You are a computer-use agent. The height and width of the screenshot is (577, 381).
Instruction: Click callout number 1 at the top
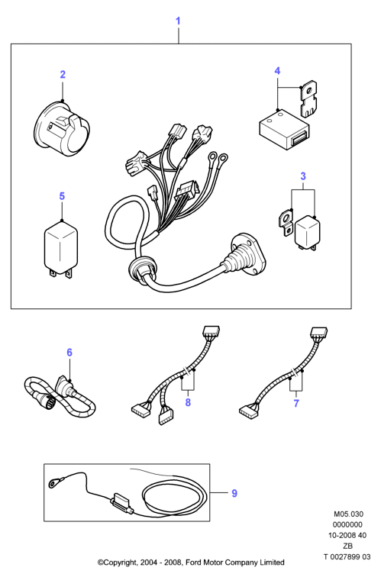(x=178, y=21)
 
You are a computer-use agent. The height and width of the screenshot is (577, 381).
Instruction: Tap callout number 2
(x=63, y=74)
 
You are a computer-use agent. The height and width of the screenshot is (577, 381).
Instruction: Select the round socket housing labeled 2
(x=63, y=128)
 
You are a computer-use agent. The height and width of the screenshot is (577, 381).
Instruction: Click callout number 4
(x=277, y=71)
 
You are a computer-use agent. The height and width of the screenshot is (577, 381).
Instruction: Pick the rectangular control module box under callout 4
(x=284, y=130)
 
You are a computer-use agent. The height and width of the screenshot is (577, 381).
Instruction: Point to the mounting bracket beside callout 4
(x=308, y=99)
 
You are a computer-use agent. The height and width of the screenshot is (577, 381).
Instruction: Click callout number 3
(x=303, y=176)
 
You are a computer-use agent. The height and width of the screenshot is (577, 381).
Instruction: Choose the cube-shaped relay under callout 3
(x=307, y=233)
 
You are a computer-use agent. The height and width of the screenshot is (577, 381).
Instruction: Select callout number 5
(x=62, y=195)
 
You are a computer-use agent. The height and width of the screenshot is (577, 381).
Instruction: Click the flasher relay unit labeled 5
(x=61, y=247)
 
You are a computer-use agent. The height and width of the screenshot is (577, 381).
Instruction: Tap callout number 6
(x=69, y=352)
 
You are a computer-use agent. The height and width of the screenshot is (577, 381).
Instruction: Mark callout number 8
(x=188, y=402)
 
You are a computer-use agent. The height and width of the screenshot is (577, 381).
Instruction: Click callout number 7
(x=296, y=403)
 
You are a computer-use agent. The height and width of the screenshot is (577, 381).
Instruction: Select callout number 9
(x=234, y=493)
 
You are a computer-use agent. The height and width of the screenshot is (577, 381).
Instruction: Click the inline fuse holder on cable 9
(x=121, y=502)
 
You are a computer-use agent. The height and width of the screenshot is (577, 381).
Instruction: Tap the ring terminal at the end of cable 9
(x=53, y=482)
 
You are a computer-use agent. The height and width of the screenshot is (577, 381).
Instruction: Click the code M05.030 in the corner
(x=348, y=514)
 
